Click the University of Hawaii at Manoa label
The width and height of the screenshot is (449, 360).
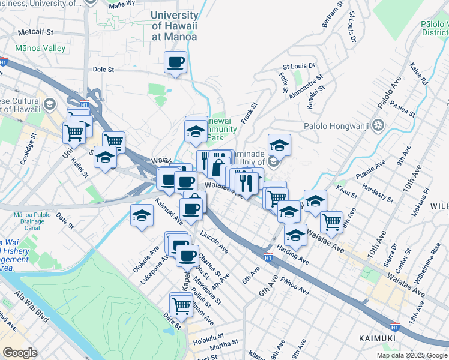pos(174,26)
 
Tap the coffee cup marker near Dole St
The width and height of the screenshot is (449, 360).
pos(175,62)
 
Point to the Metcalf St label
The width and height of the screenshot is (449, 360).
pos(36,31)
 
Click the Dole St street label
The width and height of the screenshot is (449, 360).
pos(103,70)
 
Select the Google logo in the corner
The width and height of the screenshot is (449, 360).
pos(20,353)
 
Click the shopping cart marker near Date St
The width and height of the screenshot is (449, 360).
pos(181,305)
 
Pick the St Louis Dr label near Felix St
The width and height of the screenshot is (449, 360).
pos(298,66)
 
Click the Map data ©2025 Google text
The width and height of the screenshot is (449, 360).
pos(411,355)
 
